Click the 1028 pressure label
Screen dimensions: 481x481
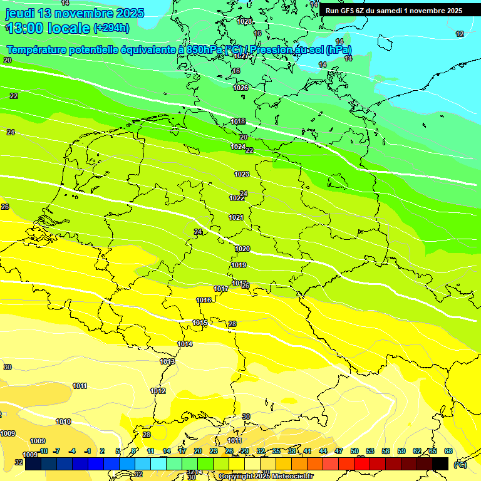245,21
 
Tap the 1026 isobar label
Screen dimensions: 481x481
240,88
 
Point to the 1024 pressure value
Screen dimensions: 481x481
237,147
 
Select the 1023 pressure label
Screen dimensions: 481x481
242,174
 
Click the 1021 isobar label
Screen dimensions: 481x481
236,217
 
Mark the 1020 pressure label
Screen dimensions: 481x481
242,249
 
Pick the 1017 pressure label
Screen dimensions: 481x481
220,289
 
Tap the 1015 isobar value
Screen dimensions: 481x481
200,323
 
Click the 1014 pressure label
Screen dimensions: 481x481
185,344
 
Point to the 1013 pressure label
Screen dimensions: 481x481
167,361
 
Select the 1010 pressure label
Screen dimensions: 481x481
63,422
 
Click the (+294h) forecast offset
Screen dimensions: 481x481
111,28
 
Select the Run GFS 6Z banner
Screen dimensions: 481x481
393,11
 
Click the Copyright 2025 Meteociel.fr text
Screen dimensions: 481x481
266,477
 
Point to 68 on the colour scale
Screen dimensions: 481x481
448,451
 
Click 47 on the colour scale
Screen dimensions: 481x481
339,451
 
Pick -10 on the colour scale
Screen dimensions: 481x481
43,451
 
